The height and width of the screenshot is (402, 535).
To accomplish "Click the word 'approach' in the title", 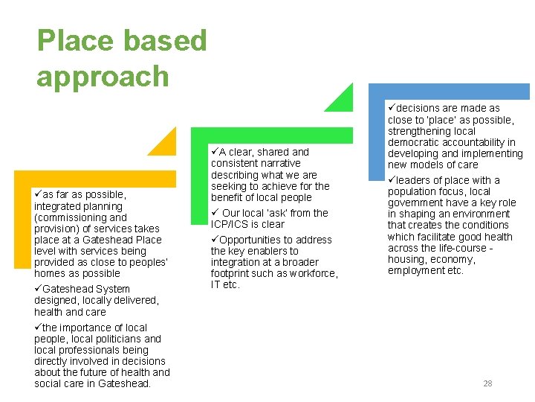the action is coord(103,77).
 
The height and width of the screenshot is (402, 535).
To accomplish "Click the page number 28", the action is coord(487,383).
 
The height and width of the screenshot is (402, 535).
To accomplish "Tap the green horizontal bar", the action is coord(271,135).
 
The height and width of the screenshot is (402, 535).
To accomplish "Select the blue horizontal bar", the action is coord(450,92).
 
